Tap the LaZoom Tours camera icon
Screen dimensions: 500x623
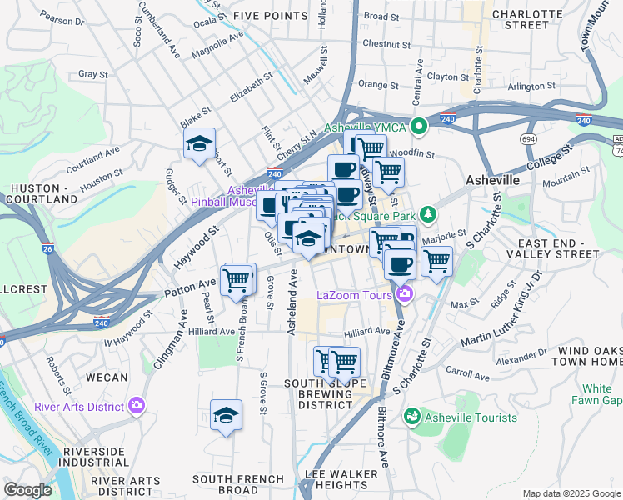(x=405, y=293)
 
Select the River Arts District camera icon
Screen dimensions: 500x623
(x=137, y=407)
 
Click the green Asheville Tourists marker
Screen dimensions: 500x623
(x=410, y=417)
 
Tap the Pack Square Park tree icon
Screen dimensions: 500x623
(x=428, y=215)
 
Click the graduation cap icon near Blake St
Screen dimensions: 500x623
(x=199, y=144)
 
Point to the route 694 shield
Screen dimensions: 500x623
(x=527, y=138)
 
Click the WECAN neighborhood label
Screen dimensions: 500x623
(x=107, y=377)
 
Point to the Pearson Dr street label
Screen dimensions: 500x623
(x=62, y=18)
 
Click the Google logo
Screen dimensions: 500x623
(x=27, y=490)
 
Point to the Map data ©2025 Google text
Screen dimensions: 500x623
(x=571, y=493)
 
